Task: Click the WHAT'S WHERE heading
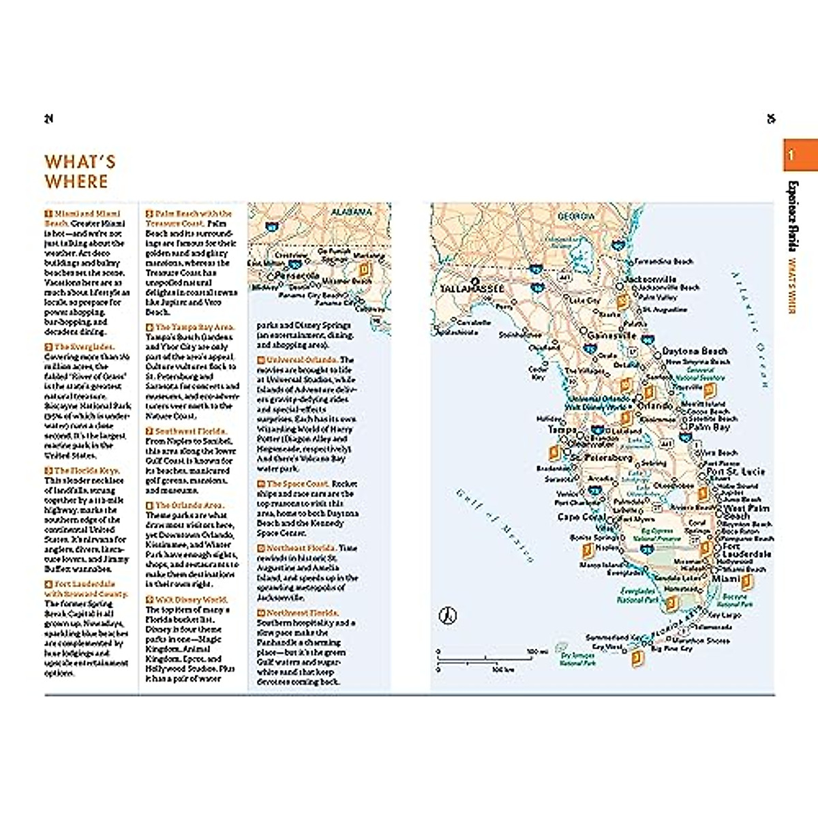click(x=80, y=172)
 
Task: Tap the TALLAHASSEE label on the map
click(x=472, y=289)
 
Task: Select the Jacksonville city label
click(x=650, y=279)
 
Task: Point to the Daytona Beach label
click(x=695, y=351)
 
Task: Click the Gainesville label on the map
click(x=611, y=336)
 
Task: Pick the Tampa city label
click(x=562, y=429)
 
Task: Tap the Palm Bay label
click(x=709, y=427)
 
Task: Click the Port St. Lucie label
click(x=736, y=472)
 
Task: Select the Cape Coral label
click(x=581, y=517)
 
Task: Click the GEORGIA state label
click(x=576, y=216)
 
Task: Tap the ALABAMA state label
click(x=352, y=212)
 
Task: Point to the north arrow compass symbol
click(x=447, y=616)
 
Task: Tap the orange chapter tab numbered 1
click(x=800, y=155)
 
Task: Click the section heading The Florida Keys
click(x=87, y=470)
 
